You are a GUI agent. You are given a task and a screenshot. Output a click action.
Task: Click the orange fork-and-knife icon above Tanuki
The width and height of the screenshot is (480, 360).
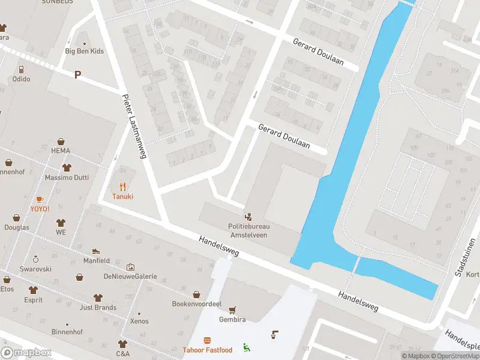coord(122,186)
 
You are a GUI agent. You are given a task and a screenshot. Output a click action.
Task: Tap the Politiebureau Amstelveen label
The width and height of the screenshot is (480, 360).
coord(249,230)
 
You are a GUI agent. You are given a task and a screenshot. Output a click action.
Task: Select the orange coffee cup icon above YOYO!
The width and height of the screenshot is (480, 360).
coord(40,199)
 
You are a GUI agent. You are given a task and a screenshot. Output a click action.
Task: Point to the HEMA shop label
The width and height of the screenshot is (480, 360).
coord(61,151)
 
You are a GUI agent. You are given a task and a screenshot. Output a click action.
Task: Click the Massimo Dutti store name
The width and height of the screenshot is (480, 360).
coord(66,178)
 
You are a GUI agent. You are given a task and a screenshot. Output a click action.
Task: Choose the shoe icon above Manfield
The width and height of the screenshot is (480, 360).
coord(96,251)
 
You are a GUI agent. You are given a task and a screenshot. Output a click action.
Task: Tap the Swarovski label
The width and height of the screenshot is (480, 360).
coord(35,269)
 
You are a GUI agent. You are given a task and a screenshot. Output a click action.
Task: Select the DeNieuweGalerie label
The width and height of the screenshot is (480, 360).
coord(130,277)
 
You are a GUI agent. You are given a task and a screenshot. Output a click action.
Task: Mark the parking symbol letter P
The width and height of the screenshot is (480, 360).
coord(77,74)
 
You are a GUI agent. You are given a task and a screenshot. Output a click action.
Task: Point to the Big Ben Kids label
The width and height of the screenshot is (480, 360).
coord(84,51)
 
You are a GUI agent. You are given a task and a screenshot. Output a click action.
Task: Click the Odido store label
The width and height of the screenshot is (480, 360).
coord(21,79)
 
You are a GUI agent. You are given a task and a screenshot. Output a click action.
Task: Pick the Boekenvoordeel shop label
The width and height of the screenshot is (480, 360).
coord(197,304)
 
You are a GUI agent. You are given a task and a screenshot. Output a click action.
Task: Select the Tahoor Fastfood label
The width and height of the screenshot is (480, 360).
coord(208,350)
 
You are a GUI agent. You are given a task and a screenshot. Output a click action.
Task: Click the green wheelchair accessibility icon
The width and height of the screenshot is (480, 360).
coord(246,347)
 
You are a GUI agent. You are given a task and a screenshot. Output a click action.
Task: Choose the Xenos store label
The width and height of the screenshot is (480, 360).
coord(139,322)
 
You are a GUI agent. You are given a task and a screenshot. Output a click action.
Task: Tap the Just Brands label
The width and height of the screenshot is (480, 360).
coord(98,308)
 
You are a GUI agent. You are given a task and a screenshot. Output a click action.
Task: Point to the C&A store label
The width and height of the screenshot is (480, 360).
coord(122,353)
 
